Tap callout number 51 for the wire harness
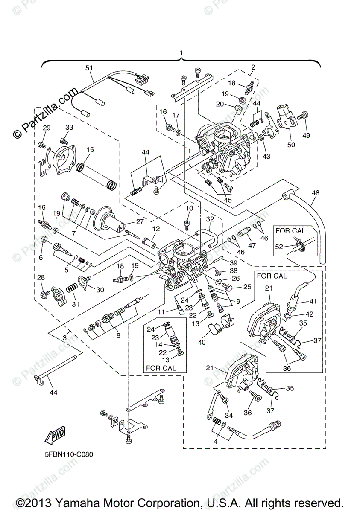coord(89,68)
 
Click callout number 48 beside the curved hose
coord(316,193)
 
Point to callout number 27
coord(140,221)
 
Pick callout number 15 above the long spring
coord(90,150)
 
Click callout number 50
coord(291,145)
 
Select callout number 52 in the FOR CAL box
coord(279,247)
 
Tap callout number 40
coord(202,342)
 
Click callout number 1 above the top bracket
coord(181,53)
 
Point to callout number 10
coord(189,208)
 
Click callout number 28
coord(41,277)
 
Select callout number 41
coord(313,301)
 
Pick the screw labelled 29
coord(41,145)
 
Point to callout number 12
coord(156,229)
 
